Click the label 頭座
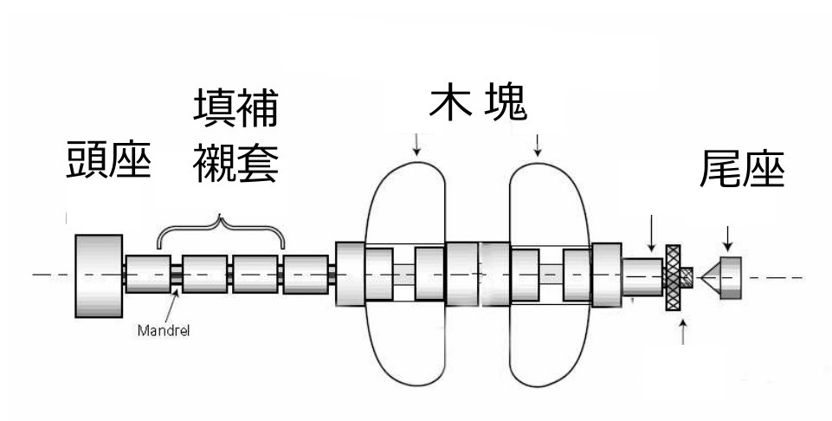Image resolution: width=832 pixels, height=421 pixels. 109,159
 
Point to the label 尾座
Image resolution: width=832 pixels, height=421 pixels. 742,168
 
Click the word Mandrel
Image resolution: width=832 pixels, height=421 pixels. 164,331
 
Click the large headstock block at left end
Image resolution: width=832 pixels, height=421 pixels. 99,276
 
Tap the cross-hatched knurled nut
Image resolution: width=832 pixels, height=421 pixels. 673,277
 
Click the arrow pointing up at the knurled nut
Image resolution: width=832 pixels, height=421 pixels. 683,332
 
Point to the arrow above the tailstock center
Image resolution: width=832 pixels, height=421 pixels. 728,239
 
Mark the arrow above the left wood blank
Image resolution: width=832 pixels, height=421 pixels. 416,145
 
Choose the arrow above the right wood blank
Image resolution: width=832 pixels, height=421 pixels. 538,145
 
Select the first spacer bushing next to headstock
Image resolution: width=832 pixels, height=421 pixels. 148,274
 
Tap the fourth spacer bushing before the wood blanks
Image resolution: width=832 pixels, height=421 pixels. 306,275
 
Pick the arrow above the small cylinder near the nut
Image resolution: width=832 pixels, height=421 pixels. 652,233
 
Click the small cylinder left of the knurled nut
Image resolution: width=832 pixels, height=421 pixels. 642,276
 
